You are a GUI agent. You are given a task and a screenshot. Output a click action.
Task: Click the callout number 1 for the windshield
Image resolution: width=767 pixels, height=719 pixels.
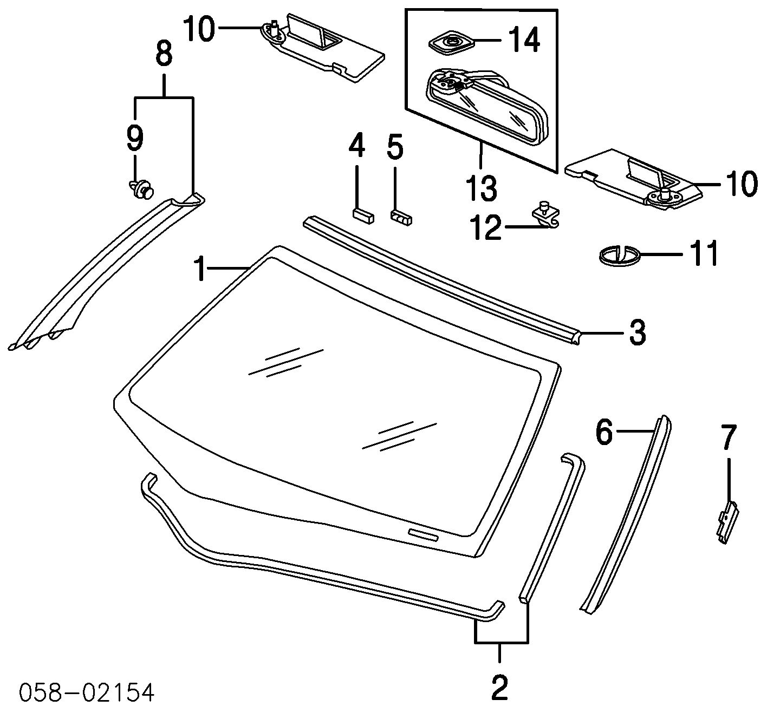pyautogui.click(x=201, y=269)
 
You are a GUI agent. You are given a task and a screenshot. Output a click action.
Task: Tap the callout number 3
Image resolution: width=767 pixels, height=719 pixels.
pyautogui.click(x=637, y=332)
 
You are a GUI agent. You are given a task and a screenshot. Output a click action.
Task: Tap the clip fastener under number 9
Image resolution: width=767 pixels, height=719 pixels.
pyautogui.click(x=141, y=189)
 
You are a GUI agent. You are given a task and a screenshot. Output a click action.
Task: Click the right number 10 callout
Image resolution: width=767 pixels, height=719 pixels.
pyautogui.click(x=740, y=184)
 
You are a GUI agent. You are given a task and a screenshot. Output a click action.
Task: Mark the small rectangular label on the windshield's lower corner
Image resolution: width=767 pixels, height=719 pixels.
pyautogui.click(x=423, y=534)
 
